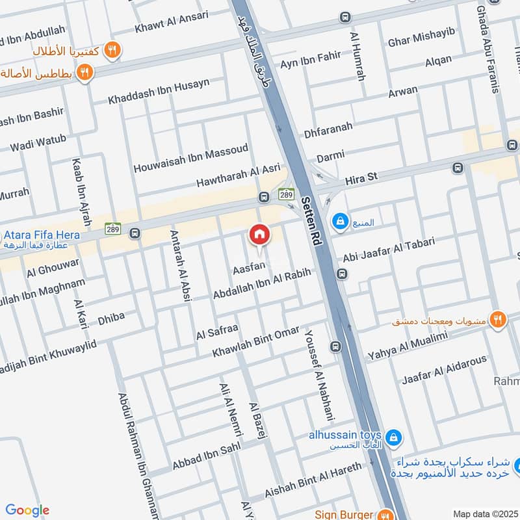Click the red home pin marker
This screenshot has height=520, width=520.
click(259, 235)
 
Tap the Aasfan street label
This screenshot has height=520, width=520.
click(249, 266)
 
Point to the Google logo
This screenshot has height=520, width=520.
click(27, 510)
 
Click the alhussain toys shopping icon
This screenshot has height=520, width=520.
click(393, 438)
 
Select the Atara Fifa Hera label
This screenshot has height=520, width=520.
click(42, 235)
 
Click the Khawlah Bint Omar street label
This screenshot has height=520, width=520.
click(257, 342)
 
